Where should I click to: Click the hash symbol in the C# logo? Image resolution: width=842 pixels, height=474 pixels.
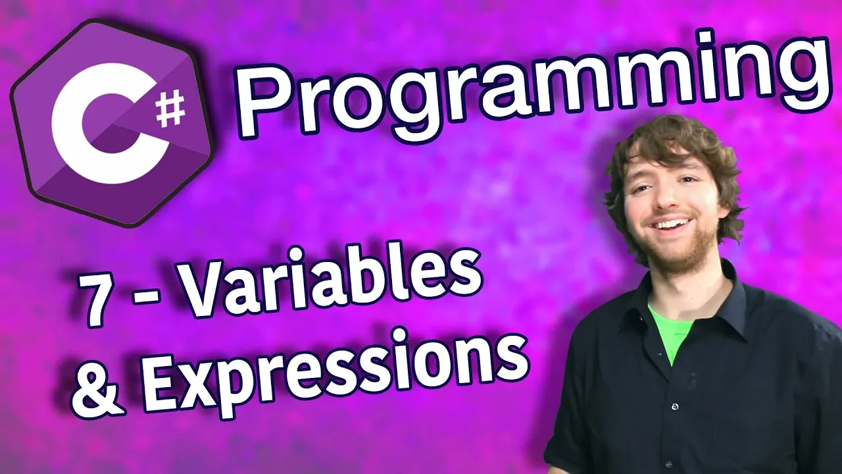click(170, 109)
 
